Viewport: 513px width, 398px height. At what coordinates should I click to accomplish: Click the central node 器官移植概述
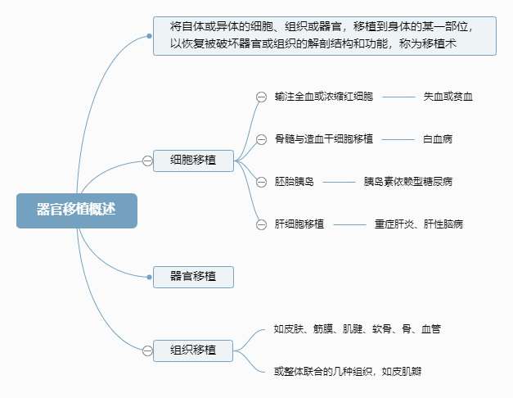76,210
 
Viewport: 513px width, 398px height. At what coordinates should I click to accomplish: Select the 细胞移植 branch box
193,161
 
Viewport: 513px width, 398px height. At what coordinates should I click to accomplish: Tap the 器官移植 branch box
193,276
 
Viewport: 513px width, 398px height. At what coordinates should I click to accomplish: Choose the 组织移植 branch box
193,351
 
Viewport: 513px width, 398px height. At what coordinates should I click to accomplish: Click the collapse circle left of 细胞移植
147,161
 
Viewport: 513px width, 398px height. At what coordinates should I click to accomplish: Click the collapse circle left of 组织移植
147,351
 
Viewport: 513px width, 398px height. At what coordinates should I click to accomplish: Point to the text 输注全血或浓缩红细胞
324,97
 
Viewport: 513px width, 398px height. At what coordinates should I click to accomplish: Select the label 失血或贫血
448,97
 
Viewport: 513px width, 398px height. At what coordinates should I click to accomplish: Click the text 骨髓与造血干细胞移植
324,138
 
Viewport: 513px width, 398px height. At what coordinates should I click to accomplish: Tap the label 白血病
438,138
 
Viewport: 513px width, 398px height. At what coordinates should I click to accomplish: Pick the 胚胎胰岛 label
295,181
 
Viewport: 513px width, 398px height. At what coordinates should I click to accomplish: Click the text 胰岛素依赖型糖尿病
408,181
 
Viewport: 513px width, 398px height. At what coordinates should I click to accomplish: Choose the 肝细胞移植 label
299,224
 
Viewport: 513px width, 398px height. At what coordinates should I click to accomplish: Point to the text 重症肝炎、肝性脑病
419,224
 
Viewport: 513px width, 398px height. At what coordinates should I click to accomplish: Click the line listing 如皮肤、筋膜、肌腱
358,329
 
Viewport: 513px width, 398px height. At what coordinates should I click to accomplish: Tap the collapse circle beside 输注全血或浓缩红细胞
261,97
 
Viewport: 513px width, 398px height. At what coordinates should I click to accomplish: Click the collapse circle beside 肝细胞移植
261,224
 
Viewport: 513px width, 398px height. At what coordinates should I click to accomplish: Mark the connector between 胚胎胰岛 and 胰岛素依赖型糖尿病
339,181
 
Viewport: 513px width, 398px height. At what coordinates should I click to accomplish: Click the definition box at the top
324,36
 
